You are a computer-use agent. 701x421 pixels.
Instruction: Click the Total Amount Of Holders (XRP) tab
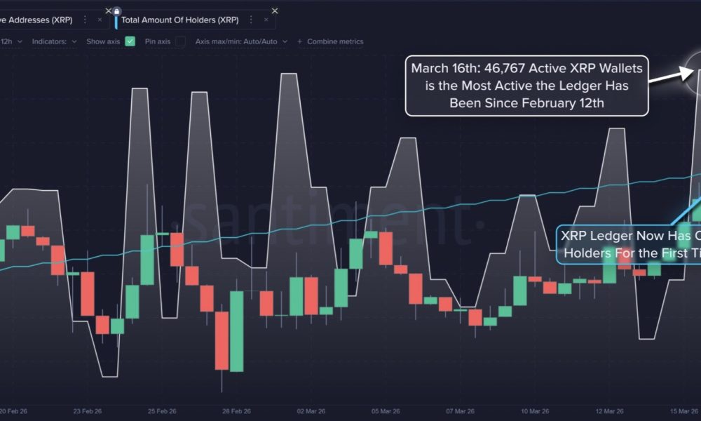coord(179,20)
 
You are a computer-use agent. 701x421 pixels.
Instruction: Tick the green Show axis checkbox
coord(130,41)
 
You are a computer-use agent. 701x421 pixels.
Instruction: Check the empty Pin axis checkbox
coord(180,41)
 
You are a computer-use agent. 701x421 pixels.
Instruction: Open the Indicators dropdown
coord(54,41)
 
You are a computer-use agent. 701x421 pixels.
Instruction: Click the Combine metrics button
coord(330,41)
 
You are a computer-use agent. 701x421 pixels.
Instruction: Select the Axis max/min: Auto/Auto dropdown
coord(241,41)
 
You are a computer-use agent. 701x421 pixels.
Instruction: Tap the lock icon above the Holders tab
coord(116,11)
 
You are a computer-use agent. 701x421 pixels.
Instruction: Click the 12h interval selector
coord(10,41)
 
